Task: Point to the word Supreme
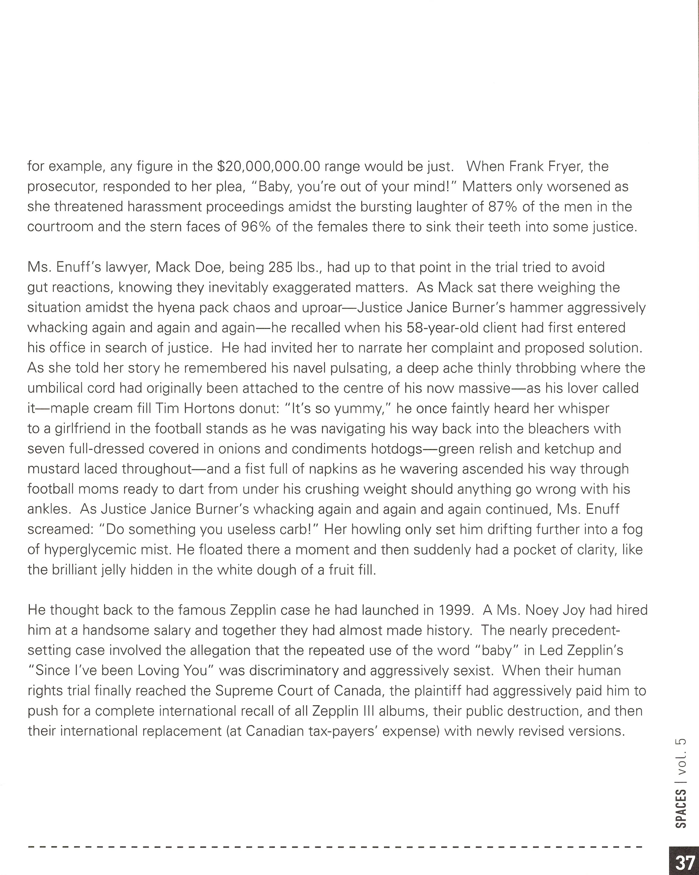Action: coord(243,691)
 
